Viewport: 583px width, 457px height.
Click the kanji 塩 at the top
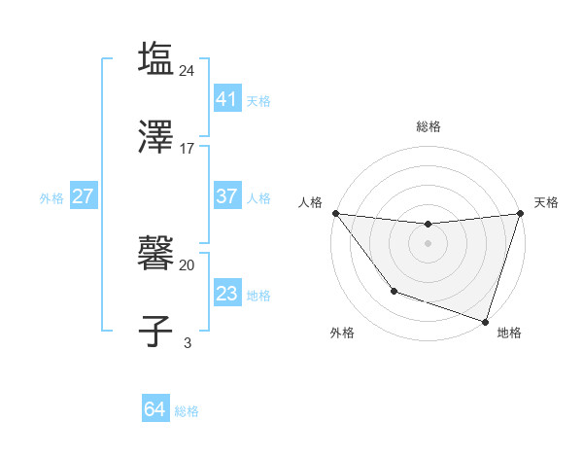tap(155, 58)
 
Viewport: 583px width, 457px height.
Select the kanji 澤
tap(155, 136)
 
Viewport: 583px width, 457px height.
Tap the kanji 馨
tap(155, 255)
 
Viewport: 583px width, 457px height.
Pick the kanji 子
tap(155, 331)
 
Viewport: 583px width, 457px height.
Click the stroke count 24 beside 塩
tap(188, 70)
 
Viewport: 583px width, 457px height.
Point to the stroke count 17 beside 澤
tap(188, 149)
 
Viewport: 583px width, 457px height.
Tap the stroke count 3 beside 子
tap(188, 342)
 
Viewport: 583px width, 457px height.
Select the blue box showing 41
tap(226, 99)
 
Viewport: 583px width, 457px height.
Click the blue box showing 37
tap(226, 196)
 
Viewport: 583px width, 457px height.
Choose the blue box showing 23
tap(226, 293)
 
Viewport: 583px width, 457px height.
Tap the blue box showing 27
tap(83, 196)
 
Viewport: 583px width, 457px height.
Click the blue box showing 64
tap(154, 409)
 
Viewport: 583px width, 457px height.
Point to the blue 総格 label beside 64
tap(187, 411)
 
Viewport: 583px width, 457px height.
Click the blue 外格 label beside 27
tap(51, 198)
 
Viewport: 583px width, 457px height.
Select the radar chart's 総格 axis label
tap(428, 126)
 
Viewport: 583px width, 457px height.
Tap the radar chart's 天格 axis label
tap(546, 202)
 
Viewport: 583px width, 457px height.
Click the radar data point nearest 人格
tap(335, 213)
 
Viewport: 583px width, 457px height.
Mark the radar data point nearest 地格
tap(485, 321)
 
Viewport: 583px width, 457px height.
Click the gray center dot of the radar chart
tap(428, 242)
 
